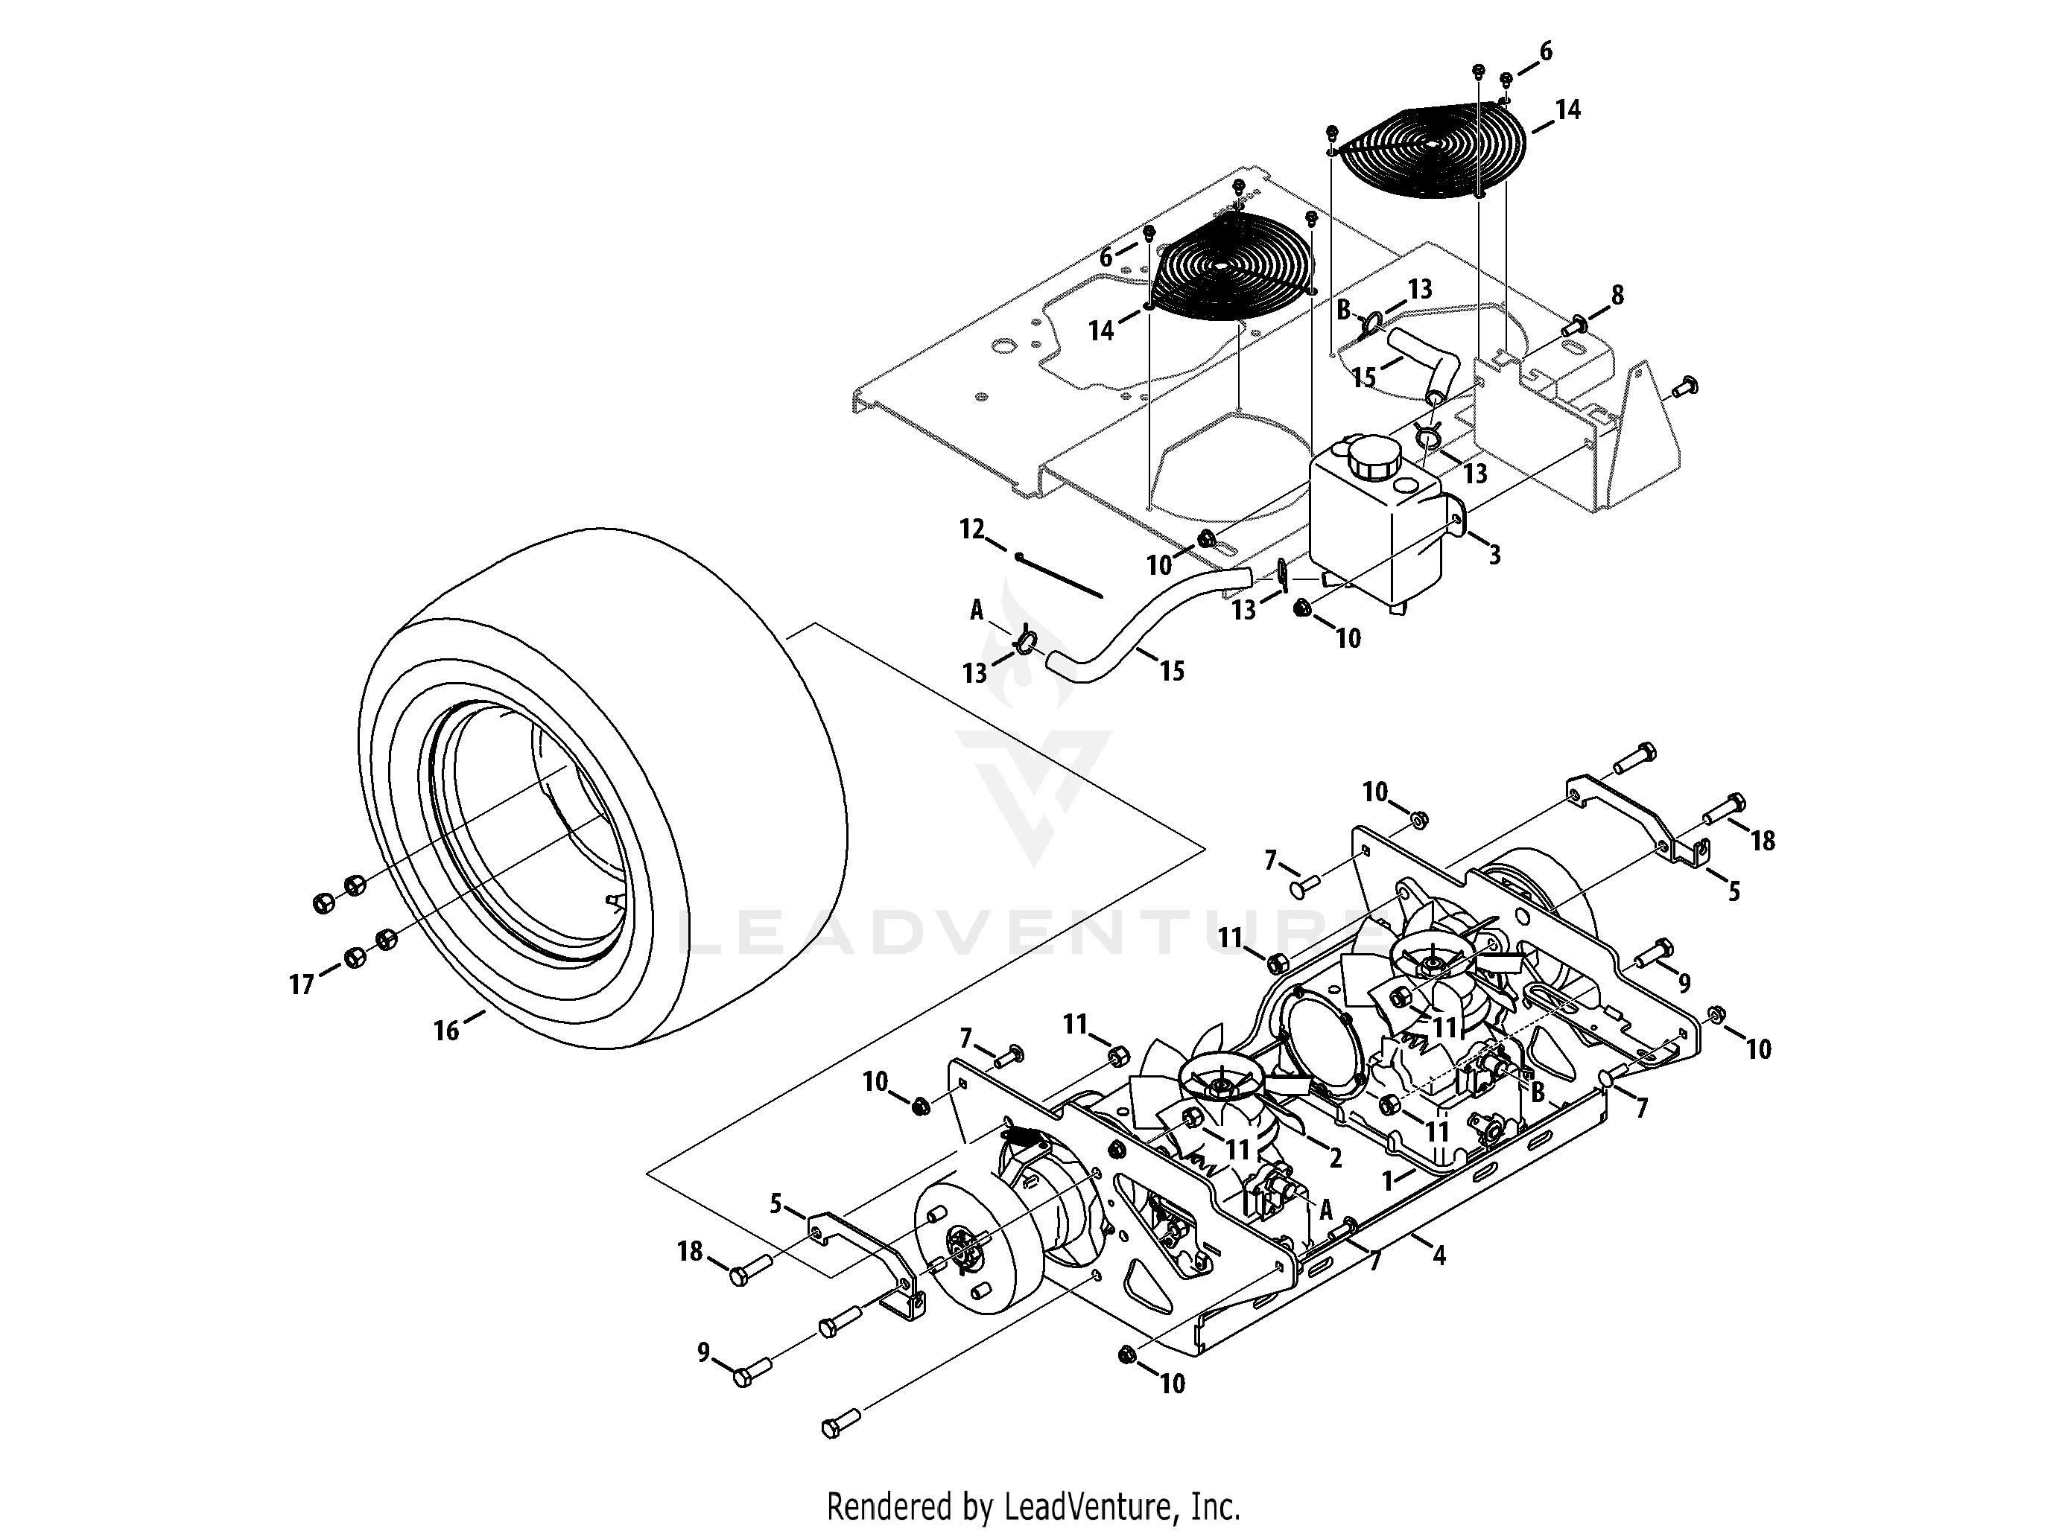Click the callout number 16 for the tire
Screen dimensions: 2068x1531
[x=447, y=1031]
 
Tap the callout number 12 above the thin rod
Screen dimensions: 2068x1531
[x=971, y=529]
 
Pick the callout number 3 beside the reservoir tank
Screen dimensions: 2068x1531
[x=1494, y=554]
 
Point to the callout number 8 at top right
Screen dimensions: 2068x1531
[x=1617, y=296]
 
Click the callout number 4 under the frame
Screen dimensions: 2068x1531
[x=1439, y=1255]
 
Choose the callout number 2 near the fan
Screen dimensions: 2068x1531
[x=1335, y=1157]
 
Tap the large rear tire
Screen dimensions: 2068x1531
[x=603, y=788]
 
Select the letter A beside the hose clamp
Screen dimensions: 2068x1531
[x=976, y=609]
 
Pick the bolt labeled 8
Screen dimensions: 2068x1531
[x=1574, y=326]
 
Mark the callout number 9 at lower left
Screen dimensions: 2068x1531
[x=703, y=1353]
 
